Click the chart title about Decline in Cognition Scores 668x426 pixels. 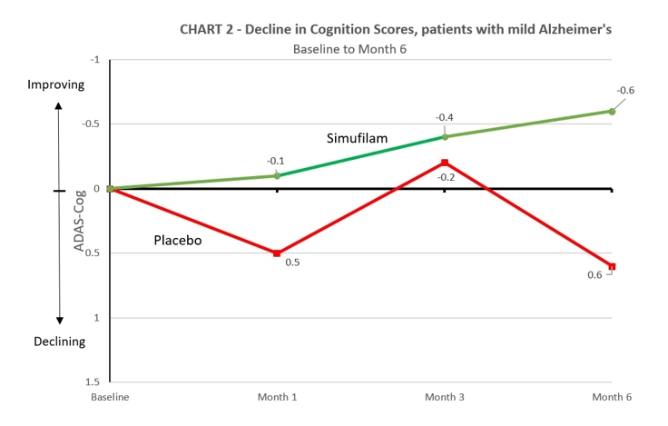click(x=396, y=29)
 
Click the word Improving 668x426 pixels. click(x=55, y=84)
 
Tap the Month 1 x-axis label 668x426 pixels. click(x=277, y=398)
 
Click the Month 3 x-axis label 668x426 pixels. click(x=445, y=398)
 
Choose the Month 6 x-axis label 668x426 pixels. click(x=612, y=398)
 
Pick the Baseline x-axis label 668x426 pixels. click(x=109, y=398)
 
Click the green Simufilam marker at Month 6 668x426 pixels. click(x=612, y=111)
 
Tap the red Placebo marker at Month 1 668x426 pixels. click(x=277, y=253)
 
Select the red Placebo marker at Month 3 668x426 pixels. click(x=445, y=163)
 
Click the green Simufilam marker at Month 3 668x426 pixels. click(x=445, y=136)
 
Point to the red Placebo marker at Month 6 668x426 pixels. click(x=612, y=266)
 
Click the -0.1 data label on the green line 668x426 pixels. click(x=276, y=161)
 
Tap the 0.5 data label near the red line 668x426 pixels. click(x=292, y=263)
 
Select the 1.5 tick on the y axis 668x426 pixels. click(x=93, y=382)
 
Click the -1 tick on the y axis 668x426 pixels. click(x=94, y=60)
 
